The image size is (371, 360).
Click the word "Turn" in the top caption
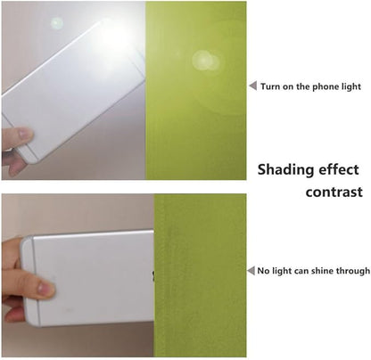269,86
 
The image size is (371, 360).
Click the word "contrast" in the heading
334,192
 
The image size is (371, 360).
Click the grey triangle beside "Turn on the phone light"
253,86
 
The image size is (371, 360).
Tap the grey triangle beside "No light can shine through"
251,271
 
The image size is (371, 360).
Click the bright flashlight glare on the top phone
114,37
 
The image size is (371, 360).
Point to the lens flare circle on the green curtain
204,61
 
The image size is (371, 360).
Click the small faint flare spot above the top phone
56,23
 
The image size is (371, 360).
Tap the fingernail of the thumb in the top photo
24,134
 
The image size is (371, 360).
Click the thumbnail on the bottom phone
45,289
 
